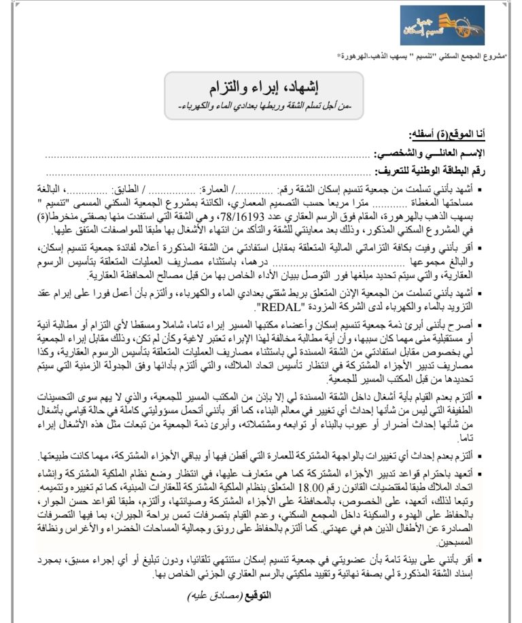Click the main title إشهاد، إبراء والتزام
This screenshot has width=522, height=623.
(x=262, y=86)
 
